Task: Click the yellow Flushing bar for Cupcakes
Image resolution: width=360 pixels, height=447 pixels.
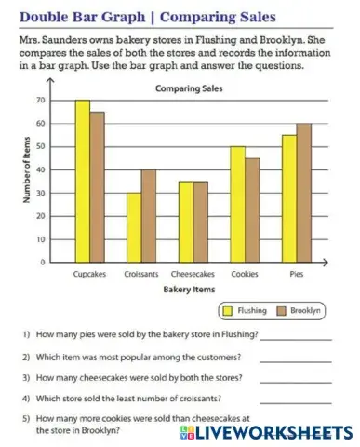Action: point(83,181)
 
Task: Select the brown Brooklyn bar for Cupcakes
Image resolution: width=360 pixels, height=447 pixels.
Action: point(97,186)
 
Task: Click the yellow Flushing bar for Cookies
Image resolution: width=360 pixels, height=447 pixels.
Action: point(238,204)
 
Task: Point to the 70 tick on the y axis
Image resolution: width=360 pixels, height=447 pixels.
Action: point(41,100)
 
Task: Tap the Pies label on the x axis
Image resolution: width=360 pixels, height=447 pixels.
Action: point(297,275)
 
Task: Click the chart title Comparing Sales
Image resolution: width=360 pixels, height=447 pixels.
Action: point(181,88)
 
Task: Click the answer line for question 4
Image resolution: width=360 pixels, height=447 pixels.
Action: point(296,402)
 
